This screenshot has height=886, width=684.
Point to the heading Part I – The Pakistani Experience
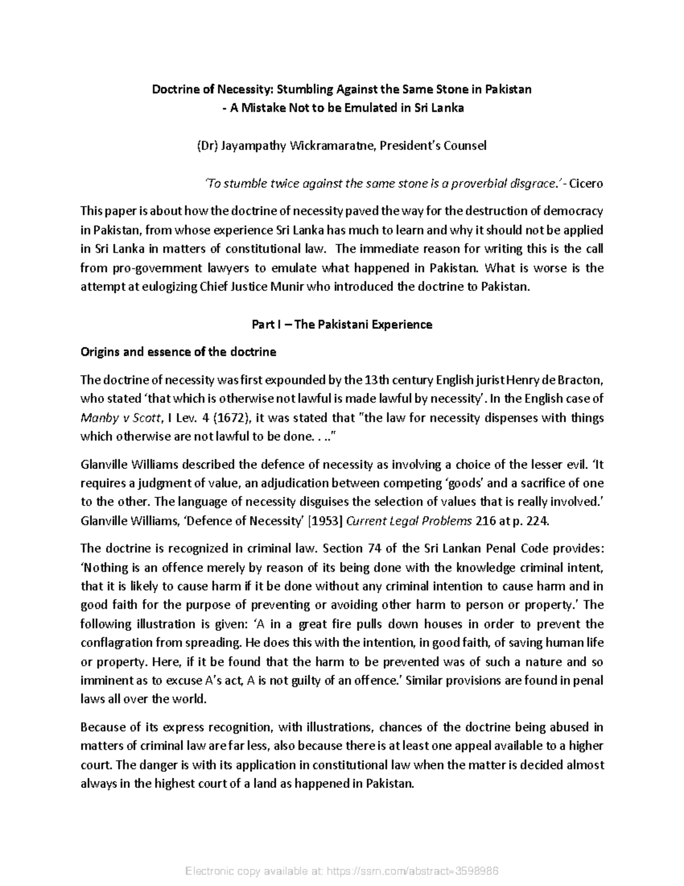(x=342, y=325)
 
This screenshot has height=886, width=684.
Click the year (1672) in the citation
(x=226, y=418)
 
